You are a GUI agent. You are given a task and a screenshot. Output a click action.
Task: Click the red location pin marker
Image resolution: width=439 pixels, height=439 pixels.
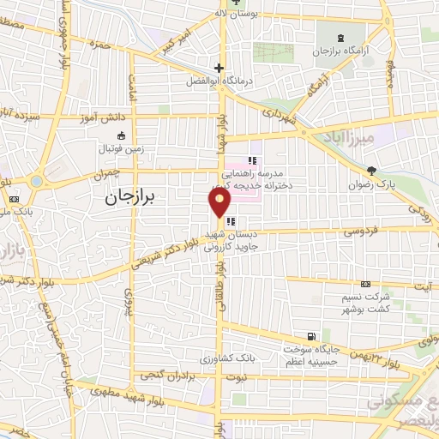(x=220, y=202)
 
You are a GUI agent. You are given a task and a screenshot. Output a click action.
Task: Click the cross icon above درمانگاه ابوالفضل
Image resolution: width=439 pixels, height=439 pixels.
(x=219, y=68)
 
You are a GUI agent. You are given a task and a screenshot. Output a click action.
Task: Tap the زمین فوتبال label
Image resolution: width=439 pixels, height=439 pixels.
(x=120, y=148)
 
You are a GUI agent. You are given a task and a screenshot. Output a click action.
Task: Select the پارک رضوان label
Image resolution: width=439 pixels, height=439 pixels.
(x=371, y=183)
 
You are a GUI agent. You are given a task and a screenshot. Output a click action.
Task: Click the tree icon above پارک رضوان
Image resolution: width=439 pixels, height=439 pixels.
(x=371, y=171)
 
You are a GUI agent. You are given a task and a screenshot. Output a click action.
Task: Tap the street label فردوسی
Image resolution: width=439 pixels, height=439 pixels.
(x=352, y=230)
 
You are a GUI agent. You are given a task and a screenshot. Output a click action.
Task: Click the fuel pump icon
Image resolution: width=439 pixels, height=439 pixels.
(x=310, y=335)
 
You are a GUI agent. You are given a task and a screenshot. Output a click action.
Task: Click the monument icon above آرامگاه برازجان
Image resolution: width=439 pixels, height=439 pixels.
(x=342, y=39)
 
